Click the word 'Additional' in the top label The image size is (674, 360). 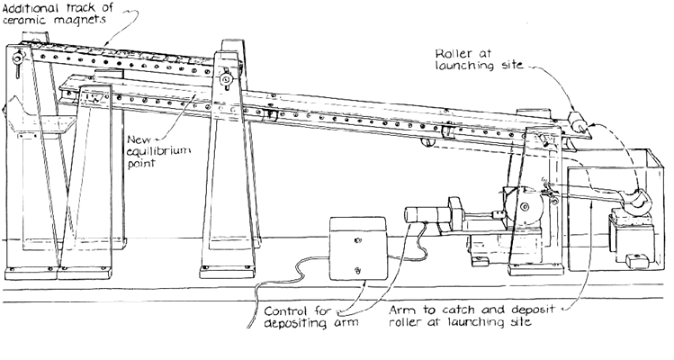31,8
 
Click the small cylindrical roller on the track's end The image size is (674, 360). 580,123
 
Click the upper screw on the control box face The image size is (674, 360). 357,238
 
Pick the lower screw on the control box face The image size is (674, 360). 359,269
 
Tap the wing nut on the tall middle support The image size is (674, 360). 226,82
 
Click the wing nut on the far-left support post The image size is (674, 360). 18,60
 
